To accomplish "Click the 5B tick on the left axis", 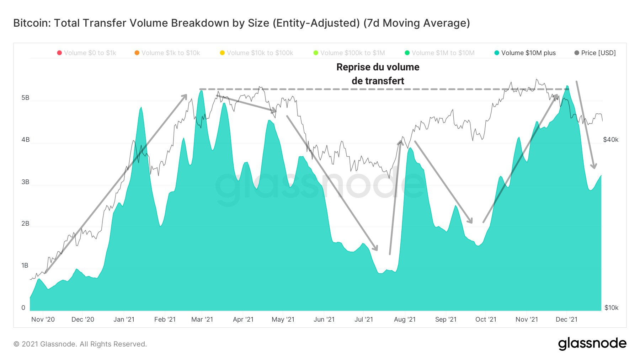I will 25,98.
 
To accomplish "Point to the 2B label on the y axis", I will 25,224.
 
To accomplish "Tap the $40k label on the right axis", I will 610,140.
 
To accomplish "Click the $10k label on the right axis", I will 611,308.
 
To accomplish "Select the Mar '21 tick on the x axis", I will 202,319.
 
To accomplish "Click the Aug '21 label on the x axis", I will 405,319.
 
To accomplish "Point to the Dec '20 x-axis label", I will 82,319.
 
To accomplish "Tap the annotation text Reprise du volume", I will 378,67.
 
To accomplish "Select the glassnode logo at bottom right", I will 592,343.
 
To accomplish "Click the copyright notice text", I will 80,344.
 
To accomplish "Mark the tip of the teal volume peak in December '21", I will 567,86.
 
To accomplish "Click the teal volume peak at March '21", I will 201,91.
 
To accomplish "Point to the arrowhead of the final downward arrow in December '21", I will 594,168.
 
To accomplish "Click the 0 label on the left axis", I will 23,308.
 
